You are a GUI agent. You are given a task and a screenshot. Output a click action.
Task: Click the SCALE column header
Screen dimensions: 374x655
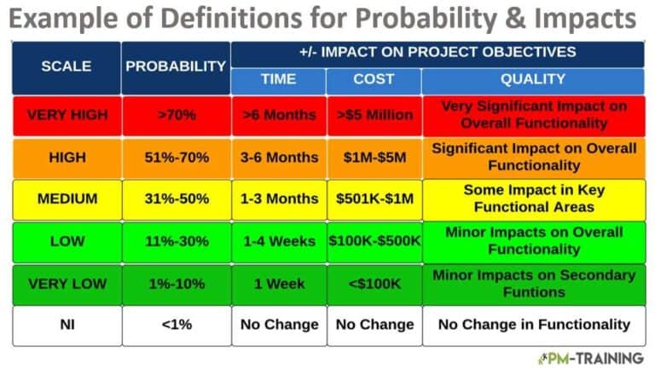(x=65, y=66)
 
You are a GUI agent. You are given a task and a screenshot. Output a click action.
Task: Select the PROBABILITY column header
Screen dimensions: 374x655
(x=176, y=66)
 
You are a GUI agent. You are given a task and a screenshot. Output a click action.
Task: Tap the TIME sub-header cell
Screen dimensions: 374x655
(x=278, y=79)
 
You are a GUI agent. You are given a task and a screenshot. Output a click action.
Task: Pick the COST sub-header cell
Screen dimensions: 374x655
(x=374, y=79)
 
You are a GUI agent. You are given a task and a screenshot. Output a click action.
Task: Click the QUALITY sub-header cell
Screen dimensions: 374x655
(x=534, y=79)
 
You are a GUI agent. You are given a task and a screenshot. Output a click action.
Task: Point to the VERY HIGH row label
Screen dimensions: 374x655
(x=66, y=115)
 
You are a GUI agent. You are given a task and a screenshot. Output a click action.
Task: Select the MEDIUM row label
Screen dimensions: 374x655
(x=66, y=199)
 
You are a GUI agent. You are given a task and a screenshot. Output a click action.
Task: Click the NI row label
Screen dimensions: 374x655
(x=66, y=325)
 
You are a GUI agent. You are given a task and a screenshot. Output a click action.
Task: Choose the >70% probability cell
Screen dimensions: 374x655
(x=176, y=115)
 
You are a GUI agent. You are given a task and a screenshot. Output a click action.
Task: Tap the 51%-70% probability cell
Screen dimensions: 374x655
(x=176, y=158)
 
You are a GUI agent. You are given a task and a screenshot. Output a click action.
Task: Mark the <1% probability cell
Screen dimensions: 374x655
(x=176, y=325)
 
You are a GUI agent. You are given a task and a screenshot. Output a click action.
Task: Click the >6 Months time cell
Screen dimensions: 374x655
(x=278, y=115)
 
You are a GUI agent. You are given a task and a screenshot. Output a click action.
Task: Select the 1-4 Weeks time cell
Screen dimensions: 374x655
(x=278, y=241)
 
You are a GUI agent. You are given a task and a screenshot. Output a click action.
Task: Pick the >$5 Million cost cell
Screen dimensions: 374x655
(x=374, y=115)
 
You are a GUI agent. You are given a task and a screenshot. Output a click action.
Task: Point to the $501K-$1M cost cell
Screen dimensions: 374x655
(x=374, y=199)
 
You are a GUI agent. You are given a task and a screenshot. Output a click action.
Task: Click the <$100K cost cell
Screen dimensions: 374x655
(x=374, y=283)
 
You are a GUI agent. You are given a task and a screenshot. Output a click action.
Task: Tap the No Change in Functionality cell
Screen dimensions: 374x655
(x=534, y=325)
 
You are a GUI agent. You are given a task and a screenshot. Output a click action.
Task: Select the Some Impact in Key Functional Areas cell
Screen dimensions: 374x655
(x=534, y=199)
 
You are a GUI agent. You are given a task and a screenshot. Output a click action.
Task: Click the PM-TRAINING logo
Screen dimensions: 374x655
(x=590, y=358)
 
